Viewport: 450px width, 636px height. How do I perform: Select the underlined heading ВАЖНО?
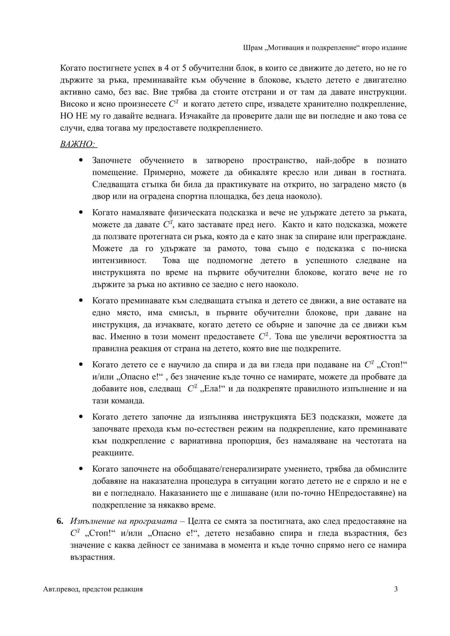pyautogui.click(x=78, y=144)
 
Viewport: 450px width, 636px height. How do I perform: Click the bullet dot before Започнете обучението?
pyautogui.click(x=81, y=161)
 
